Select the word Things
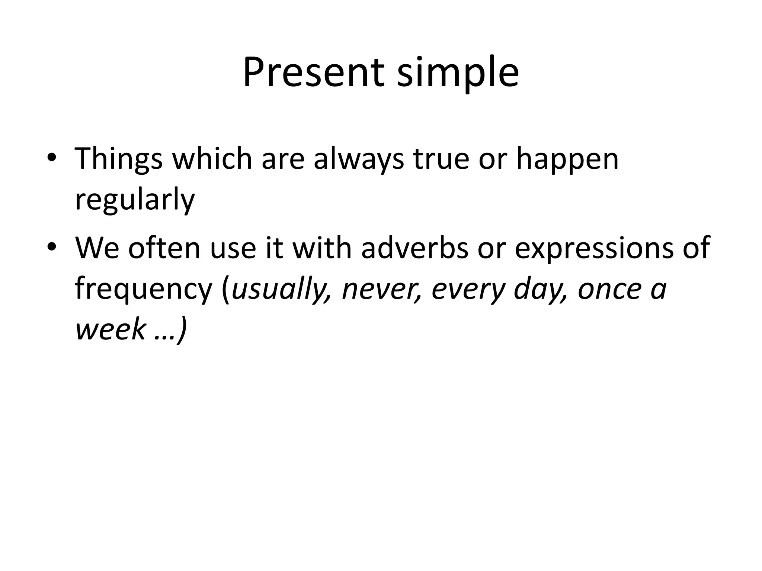coord(119,159)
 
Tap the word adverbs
coord(414,248)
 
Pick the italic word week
coord(111,329)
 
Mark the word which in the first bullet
coord(212,159)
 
